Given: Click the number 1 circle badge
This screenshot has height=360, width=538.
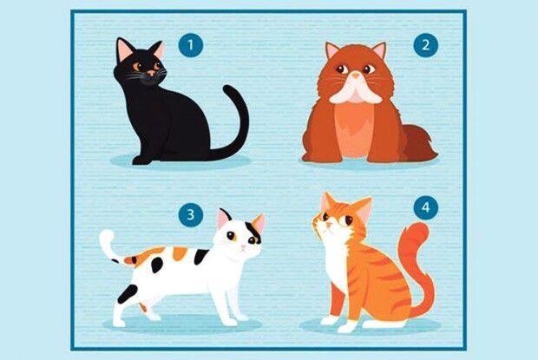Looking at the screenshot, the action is [x=191, y=45].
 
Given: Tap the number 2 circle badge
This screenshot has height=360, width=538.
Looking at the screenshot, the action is [x=426, y=44].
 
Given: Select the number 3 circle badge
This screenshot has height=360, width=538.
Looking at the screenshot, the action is [x=191, y=214].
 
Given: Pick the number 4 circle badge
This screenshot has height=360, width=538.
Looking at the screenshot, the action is [x=426, y=207].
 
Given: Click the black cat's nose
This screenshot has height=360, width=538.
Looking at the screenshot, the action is [x=151, y=73].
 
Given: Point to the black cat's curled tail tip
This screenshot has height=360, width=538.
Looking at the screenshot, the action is [x=229, y=90].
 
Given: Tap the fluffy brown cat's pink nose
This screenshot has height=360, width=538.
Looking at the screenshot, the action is [x=357, y=75].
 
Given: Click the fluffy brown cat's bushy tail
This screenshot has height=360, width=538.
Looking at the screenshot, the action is [x=419, y=143].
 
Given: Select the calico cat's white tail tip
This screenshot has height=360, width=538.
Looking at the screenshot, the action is [x=107, y=238].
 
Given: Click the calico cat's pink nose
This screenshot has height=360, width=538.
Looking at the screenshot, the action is [x=243, y=247].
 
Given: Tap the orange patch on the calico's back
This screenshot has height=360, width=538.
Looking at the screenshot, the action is [x=180, y=253].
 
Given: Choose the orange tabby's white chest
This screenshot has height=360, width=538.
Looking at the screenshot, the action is [x=336, y=260].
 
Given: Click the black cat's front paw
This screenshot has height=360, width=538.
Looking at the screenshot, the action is [x=141, y=160].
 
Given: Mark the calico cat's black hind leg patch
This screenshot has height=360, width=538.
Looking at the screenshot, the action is [x=128, y=294].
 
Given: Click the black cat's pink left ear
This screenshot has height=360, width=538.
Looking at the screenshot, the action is [x=124, y=49].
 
